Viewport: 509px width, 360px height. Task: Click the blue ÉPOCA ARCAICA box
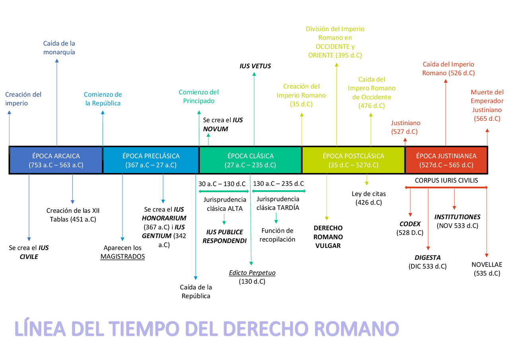click(56, 160)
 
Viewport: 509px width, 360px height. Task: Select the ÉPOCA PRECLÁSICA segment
click(151, 160)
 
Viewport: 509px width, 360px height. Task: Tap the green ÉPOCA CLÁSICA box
click(250, 160)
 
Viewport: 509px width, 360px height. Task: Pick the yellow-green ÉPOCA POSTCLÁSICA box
click(354, 160)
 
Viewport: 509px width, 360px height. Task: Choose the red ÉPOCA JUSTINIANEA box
click(446, 160)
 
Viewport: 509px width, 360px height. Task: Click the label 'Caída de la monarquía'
click(59, 48)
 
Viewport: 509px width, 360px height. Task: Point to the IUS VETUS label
click(255, 66)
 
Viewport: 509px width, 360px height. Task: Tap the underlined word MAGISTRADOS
click(122, 257)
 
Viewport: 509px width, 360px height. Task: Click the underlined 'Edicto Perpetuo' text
click(252, 273)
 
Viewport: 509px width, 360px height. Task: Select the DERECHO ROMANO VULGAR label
click(328, 237)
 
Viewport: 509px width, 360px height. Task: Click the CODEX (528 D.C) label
click(410, 228)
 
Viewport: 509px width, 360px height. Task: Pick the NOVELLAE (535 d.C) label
click(487, 269)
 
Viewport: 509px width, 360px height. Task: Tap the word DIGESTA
click(427, 258)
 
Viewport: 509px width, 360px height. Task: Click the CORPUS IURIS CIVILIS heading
click(446, 181)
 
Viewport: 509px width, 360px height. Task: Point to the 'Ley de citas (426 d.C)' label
click(369, 198)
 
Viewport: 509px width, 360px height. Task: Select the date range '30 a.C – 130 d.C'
click(222, 184)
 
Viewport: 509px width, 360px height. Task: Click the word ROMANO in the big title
click(357, 329)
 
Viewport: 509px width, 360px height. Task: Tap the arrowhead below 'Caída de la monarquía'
click(57, 61)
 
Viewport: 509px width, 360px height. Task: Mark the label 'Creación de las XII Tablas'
click(73, 215)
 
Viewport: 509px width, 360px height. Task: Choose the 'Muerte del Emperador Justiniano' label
click(487, 105)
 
